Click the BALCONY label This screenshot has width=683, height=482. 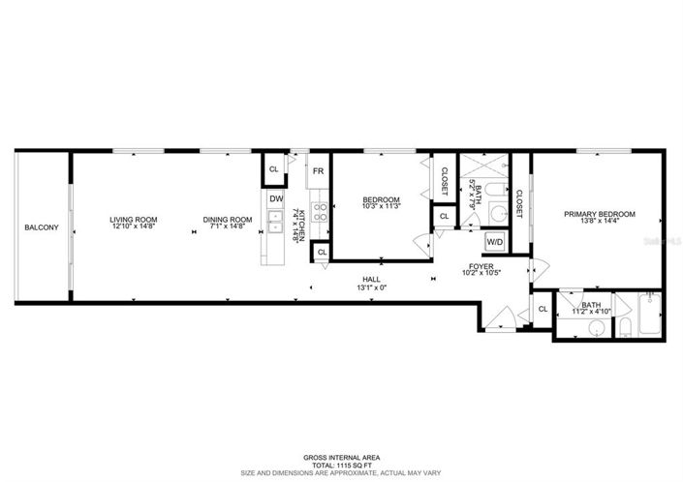[x=42, y=228]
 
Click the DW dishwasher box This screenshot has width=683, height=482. [x=276, y=199]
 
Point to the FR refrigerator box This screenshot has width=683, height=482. [x=317, y=171]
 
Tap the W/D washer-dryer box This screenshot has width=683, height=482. [x=494, y=241]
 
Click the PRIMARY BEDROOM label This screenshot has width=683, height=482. [x=600, y=214]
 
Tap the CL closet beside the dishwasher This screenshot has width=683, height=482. [x=273, y=169]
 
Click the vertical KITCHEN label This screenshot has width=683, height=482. [x=301, y=225]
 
